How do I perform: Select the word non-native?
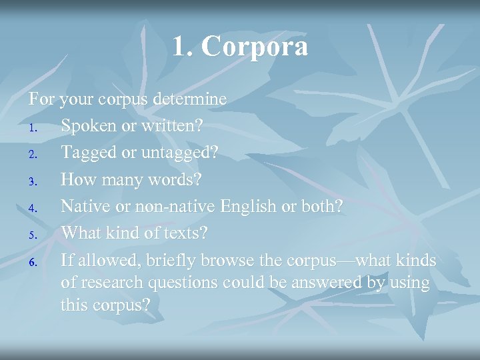pos(173,207)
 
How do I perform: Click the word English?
pos(248,207)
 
